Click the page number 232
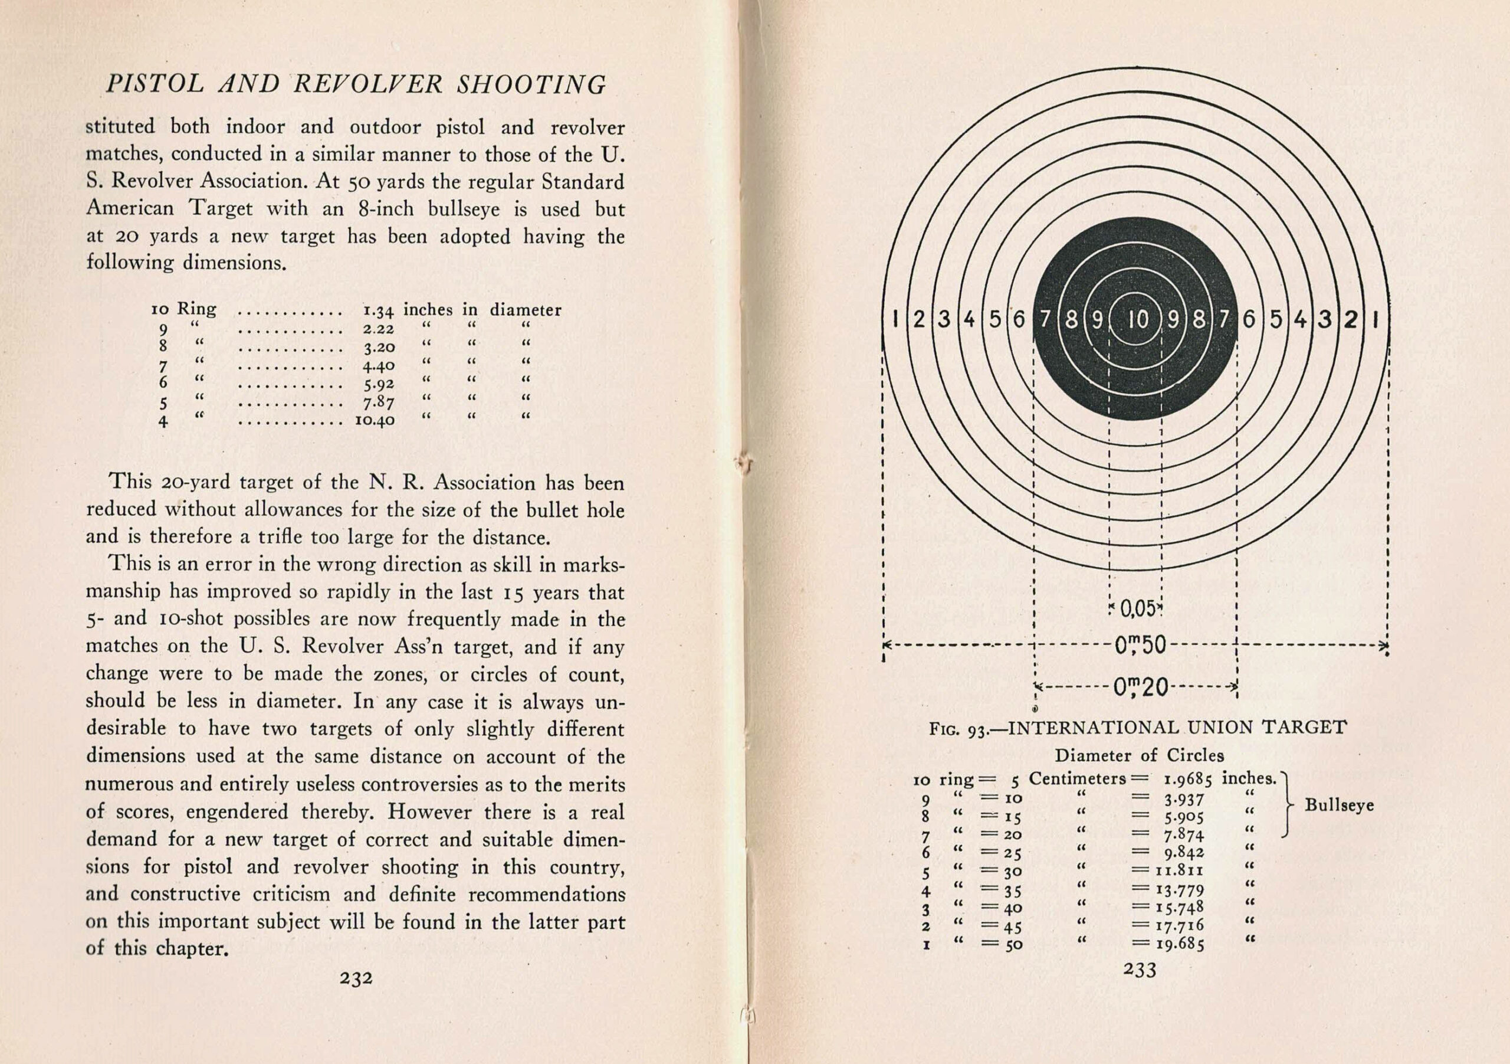356,978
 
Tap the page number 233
1140,970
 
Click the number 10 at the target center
1137,320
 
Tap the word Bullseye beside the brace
1339,806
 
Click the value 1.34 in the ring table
378,310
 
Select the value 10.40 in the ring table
375,420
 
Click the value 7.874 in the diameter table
1183,836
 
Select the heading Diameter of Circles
1139,755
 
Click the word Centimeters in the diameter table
1077,779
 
